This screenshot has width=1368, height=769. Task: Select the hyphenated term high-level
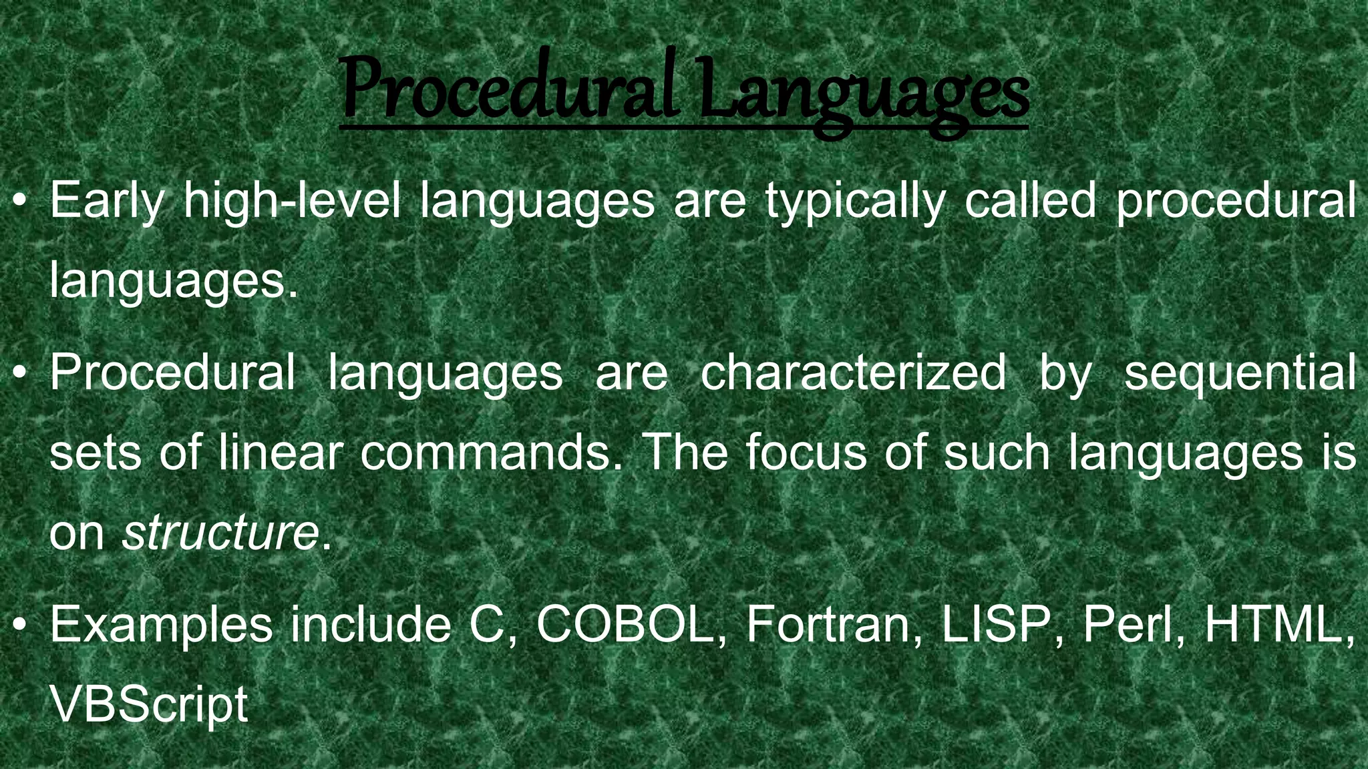tap(293, 200)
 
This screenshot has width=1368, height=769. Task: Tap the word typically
tap(856, 200)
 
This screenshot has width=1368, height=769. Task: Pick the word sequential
tap(1240, 372)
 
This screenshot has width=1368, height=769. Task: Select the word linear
tap(281, 452)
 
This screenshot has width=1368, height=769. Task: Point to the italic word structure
tap(220, 532)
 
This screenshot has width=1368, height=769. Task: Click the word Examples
tap(161, 625)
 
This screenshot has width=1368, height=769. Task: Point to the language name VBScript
tap(149, 705)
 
